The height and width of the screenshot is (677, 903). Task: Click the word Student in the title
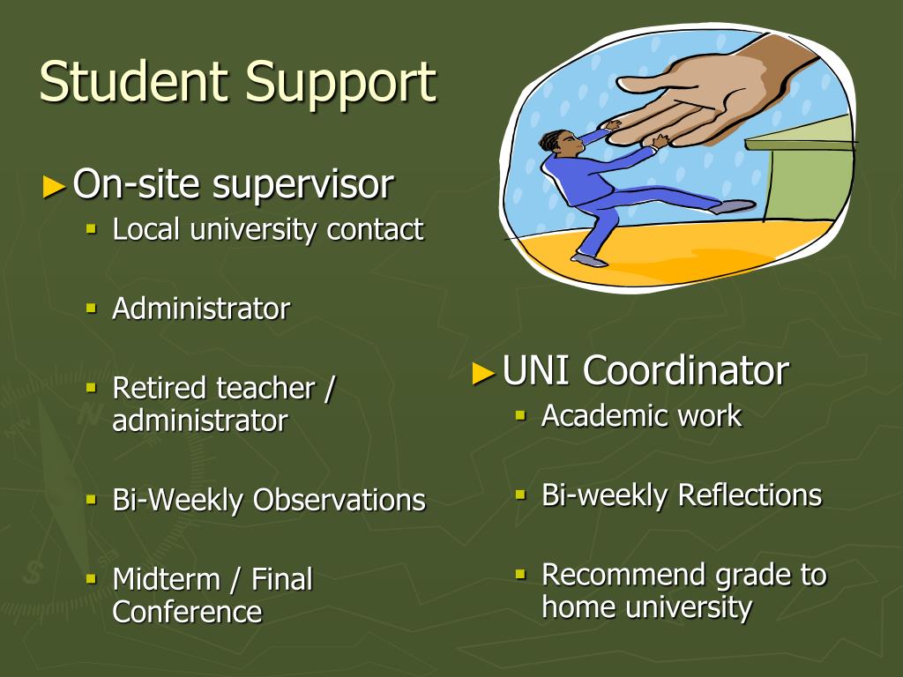click(135, 81)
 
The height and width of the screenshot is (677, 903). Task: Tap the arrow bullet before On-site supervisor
click(54, 187)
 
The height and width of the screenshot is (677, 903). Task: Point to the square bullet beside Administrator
click(91, 308)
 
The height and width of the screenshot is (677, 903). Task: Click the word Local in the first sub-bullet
click(146, 229)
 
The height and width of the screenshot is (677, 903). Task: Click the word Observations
click(340, 500)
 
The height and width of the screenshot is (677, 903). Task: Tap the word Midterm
click(167, 579)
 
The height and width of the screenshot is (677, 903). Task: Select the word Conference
click(187, 612)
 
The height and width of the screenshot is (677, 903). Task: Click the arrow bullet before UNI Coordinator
click(483, 373)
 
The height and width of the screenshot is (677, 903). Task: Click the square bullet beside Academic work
click(520, 415)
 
